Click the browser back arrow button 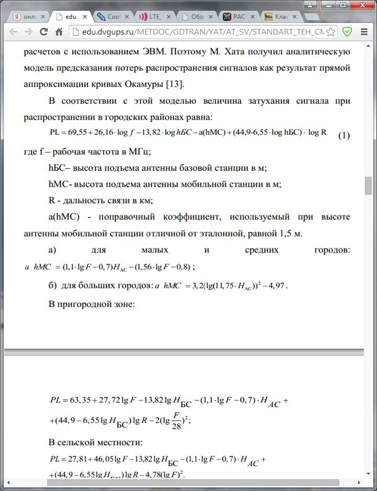14,32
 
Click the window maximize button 342,5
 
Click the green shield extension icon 347,32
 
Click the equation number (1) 343,136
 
